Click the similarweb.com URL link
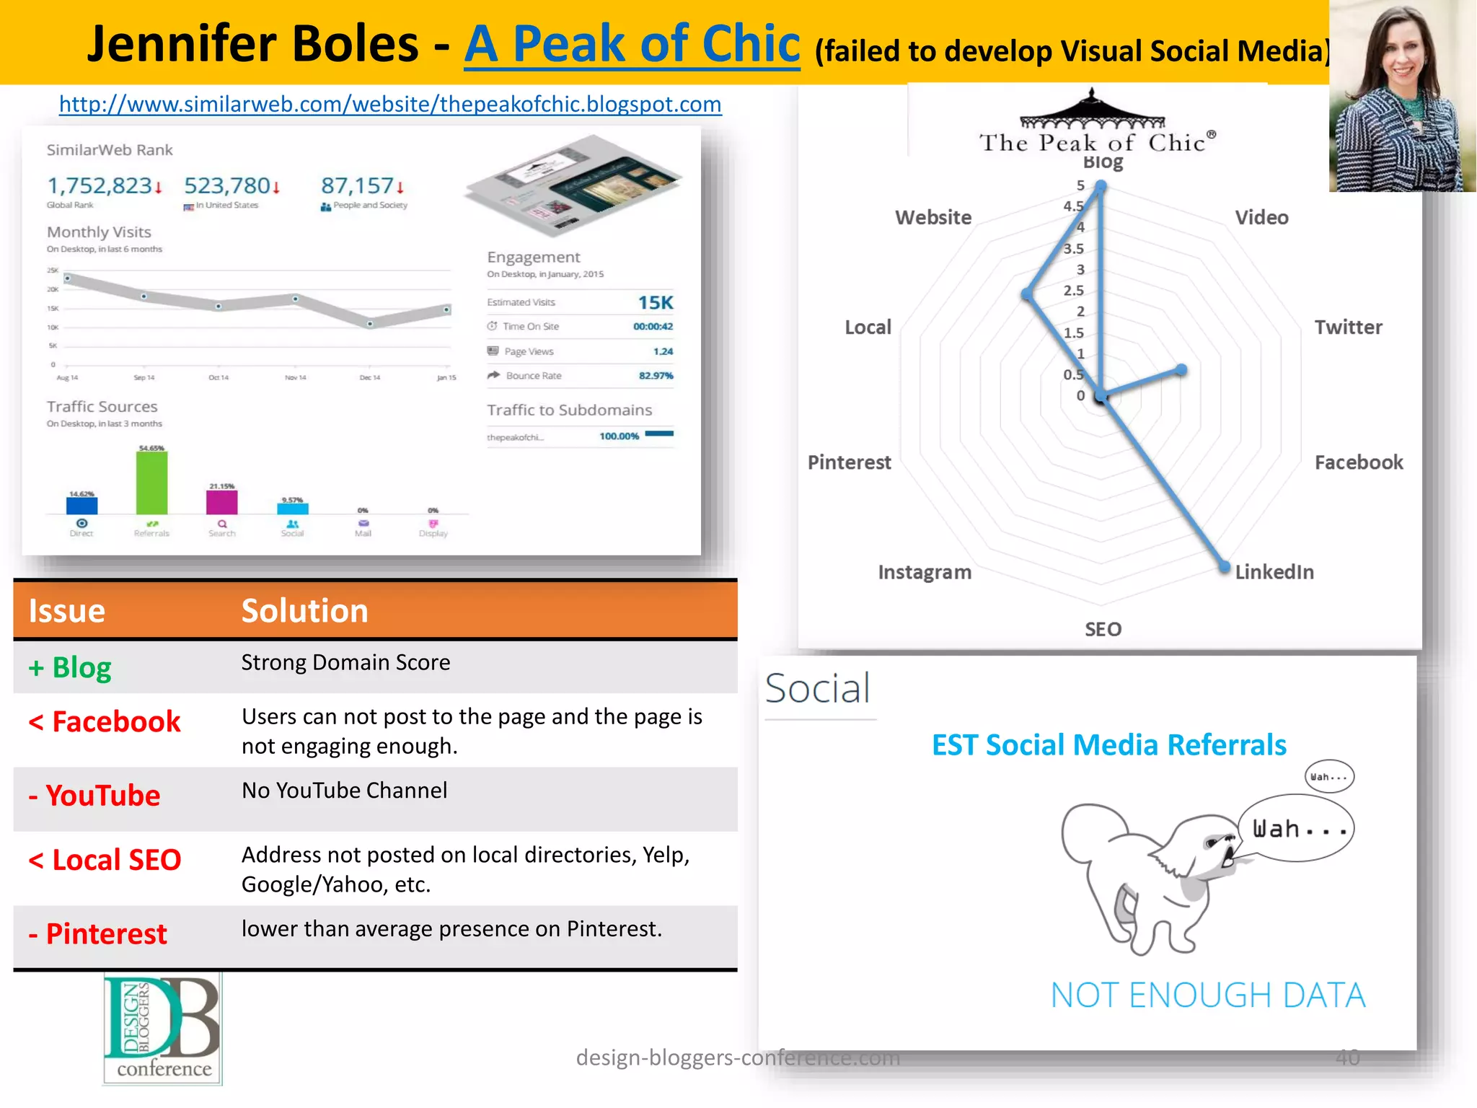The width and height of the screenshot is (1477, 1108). tap(390, 105)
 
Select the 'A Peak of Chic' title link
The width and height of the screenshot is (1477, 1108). tap(632, 44)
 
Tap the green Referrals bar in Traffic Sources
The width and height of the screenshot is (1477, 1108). tap(151, 483)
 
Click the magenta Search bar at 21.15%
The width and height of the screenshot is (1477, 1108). tap(222, 501)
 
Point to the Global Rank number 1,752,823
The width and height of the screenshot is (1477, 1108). tap(100, 186)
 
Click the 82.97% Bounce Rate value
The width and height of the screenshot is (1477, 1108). tap(656, 376)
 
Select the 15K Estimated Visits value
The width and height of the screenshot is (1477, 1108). tap(655, 303)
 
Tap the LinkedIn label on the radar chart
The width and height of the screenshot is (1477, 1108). tap(1274, 572)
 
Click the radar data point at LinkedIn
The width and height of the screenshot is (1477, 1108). tap(1224, 567)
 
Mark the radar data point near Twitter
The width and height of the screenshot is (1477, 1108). tap(1181, 371)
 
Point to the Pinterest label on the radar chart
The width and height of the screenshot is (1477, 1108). tap(849, 462)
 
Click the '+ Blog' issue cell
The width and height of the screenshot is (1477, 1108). tap(71, 668)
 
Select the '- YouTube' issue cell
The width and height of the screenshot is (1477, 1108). tap(94, 796)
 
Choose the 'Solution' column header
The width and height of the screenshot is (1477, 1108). tap(304, 611)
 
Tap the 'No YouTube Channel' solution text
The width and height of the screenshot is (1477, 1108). tap(344, 791)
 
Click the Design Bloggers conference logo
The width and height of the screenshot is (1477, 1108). tap(163, 1029)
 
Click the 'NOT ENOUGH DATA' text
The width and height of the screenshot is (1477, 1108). tap(1207, 995)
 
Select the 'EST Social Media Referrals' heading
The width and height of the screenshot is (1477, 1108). tap(1108, 745)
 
